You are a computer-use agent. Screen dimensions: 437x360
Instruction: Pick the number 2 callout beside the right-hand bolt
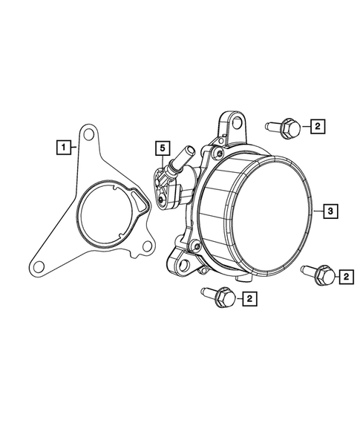[x=347, y=277]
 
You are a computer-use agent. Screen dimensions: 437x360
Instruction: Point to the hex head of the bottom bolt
[x=226, y=299]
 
